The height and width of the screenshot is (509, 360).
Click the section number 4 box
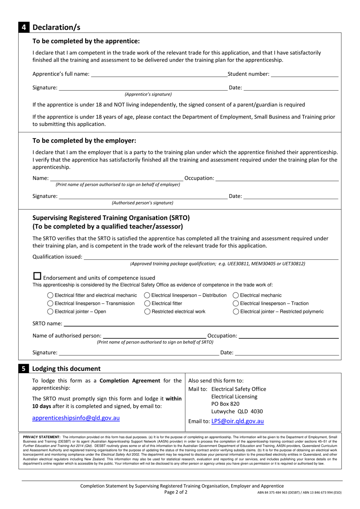23,27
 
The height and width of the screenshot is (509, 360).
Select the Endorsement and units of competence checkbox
37,276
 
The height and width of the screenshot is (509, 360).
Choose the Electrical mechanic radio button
236,295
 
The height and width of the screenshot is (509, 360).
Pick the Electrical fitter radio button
147,303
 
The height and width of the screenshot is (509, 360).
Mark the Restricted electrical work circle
147,312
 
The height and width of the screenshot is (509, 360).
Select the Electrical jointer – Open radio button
50,312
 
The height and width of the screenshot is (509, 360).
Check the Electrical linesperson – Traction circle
236,303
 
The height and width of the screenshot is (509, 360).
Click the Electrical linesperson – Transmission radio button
50,303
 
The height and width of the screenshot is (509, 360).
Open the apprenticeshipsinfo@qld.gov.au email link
76,418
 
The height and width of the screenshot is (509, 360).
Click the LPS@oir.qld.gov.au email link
237,421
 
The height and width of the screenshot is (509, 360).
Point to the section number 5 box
23,369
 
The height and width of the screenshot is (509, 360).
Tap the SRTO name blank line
201,324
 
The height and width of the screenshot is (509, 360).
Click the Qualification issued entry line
211,258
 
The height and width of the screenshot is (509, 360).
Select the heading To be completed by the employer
84,141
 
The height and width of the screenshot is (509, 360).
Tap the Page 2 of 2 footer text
176,492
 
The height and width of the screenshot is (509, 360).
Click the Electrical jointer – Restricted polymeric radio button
236,312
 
